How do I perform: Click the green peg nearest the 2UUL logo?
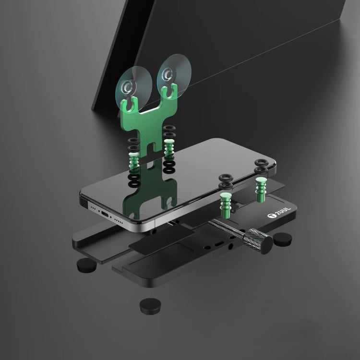tap(261, 188)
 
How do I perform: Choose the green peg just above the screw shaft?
tap(224, 202)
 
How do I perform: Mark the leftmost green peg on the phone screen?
tap(134, 158)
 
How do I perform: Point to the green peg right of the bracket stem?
tap(168, 148)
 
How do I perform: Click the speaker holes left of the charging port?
tap(91, 205)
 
